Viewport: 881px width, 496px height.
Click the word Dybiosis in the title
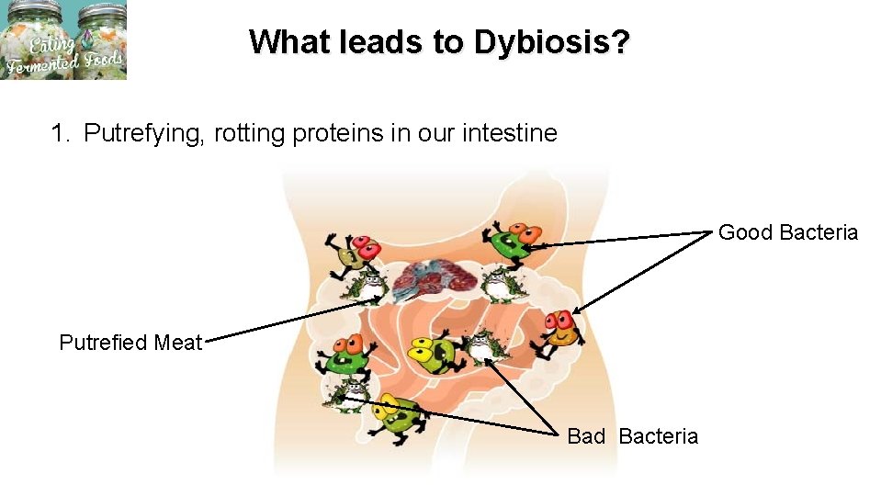click(x=552, y=42)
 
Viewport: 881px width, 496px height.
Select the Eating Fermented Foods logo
click(x=63, y=39)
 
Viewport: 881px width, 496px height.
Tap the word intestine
click(x=511, y=133)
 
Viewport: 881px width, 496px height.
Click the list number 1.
click(x=59, y=133)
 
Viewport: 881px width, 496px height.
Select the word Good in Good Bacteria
click(x=745, y=232)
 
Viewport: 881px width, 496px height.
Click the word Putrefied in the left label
click(x=103, y=343)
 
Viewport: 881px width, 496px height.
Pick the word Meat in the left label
click(x=178, y=343)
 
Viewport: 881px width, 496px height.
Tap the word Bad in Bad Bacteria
click(x=586, y=436)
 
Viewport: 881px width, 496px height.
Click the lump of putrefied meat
click(x=433, y=280)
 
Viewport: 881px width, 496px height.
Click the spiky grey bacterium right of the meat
click(x=496, y=283)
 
